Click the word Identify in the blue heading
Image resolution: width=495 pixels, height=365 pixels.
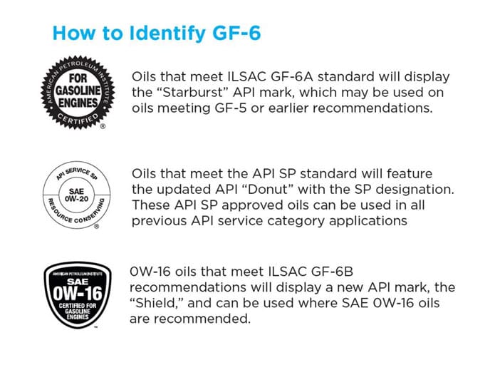167,34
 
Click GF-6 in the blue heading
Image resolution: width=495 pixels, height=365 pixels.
236,33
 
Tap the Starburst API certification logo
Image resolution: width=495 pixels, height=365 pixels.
78,92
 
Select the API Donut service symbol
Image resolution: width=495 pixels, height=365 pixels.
77,195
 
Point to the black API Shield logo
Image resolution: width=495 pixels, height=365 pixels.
78,295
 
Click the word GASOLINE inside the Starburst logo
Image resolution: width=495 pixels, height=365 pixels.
78,91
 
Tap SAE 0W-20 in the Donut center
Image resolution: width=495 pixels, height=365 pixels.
76,195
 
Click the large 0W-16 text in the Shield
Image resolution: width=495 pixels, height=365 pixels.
78,293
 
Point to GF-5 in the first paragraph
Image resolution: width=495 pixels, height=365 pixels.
231,108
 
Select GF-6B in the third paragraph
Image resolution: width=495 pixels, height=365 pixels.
332,272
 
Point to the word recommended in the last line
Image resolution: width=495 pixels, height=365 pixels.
202,319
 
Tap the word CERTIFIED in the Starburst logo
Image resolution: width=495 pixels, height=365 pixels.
78,119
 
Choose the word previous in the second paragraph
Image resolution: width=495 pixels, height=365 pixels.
159,221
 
